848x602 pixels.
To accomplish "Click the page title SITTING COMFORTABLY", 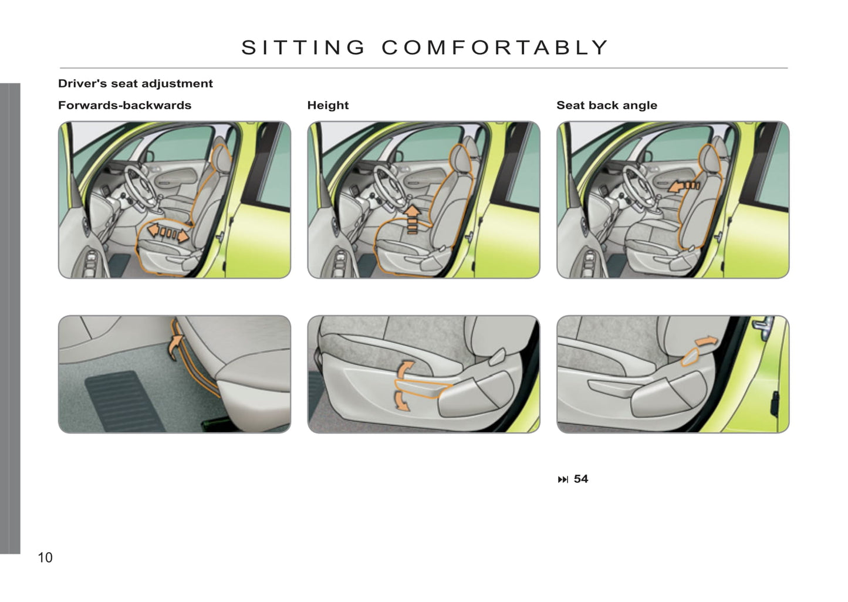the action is pyautogui.click(x=424, y=48).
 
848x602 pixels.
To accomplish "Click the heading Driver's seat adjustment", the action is pyautogui.click(x=135, y=83).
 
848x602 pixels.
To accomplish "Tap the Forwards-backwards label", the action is pyautogui.click(x=124, y=105).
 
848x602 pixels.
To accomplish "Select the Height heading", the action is pyautogui.click(x=328, y=105).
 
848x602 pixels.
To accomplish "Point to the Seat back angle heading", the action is pyautogui.click(x=607, y=105).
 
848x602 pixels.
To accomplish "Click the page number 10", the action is pyautogui.click(x=45, y=557).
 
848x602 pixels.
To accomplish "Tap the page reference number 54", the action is pyautogui.click(x=581, y=479).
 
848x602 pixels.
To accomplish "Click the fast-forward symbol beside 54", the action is pyautogui.click(x=563, y=480).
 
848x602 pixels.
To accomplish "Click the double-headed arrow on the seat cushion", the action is pyautogui.click(x=168, y=232).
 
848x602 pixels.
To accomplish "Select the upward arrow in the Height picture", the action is pyautogui.click(x=412, y=219).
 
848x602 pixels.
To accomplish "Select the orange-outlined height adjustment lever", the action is pyautogui.click(x=422, y=388).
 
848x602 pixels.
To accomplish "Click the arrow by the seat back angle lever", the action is pyautogui.click(x=707, y=341).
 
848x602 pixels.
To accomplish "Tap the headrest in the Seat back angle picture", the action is pyautogui.click(x=709, y=158).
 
